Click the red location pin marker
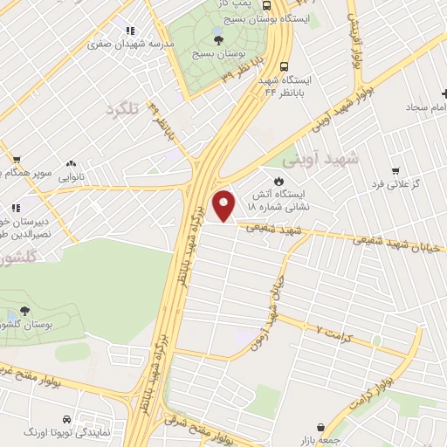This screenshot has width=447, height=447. tap(225, 206)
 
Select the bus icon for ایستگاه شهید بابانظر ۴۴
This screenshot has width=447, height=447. tap(284, 65)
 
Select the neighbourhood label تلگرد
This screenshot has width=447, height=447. tap(122, 110)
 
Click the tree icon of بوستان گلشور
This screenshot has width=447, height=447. tap(24, 311)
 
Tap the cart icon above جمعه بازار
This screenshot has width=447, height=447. tap(324, 429)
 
